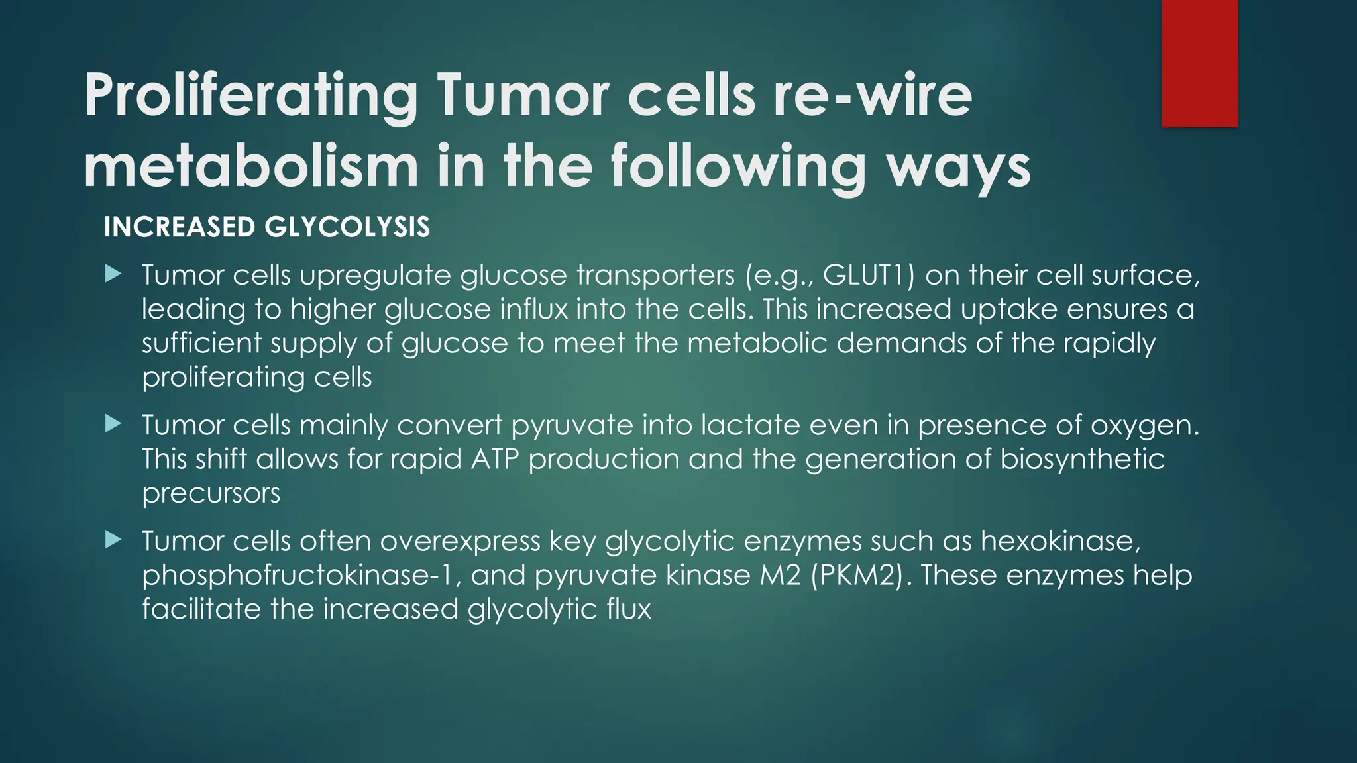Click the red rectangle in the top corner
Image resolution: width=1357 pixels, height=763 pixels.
(1199, 63)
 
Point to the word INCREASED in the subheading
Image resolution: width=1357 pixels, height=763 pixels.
(180, 227)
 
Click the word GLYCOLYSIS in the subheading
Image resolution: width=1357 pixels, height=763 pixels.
(347, 227)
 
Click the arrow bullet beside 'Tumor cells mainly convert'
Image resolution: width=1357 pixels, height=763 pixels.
(113, 424)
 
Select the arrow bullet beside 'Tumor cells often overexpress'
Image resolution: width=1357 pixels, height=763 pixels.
(113, 540)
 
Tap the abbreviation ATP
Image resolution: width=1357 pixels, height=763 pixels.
(494, 459)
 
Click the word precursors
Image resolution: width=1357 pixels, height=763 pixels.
(211, 493)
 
